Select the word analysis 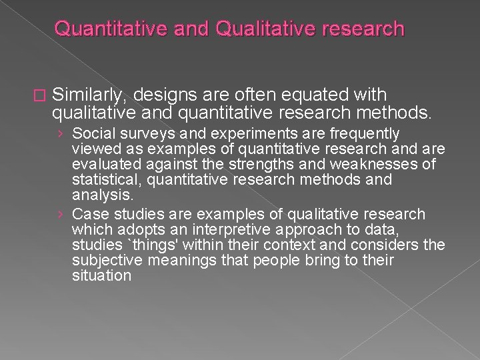pyautogui.click(x=101, y=195)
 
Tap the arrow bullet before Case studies pyautogui.click(x=61, y=215)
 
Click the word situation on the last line pyautogui.click(x=101, y=275)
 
